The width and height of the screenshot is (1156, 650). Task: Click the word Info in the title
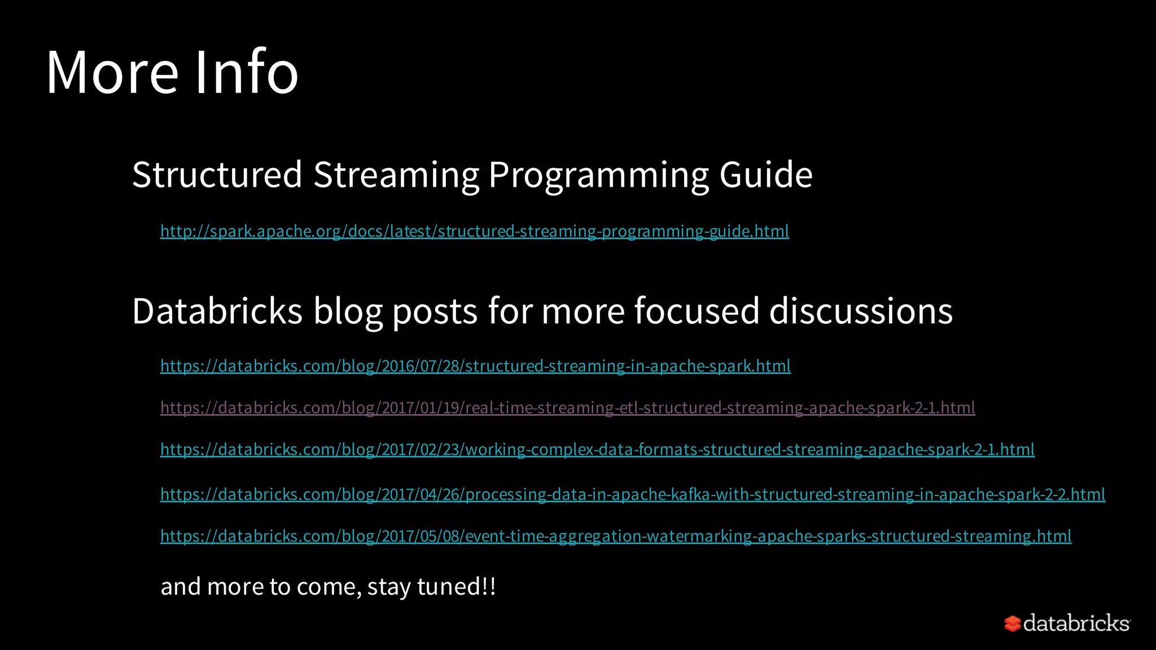point(246,72)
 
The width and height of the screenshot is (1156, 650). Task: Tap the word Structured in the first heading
point(217,174)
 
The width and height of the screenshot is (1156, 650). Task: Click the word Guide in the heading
point(765,174)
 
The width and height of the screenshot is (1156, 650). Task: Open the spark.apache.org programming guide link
point(474,231)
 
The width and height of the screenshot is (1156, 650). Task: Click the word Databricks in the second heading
point(217,311)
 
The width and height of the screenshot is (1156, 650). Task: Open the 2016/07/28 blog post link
point(475,366)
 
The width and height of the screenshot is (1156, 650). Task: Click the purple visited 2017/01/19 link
point(567,408)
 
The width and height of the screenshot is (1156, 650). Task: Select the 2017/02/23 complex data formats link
point(597,450)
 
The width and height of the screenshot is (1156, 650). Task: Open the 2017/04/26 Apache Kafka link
point(632,495)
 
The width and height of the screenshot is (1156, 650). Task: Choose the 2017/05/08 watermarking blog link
point(615,536)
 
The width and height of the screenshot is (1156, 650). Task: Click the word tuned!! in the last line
point(456,587)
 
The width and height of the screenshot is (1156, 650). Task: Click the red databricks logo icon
point(1012,623)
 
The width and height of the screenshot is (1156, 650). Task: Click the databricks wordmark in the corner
point(1076,623)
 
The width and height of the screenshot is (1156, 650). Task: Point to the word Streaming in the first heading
point(396,174)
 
